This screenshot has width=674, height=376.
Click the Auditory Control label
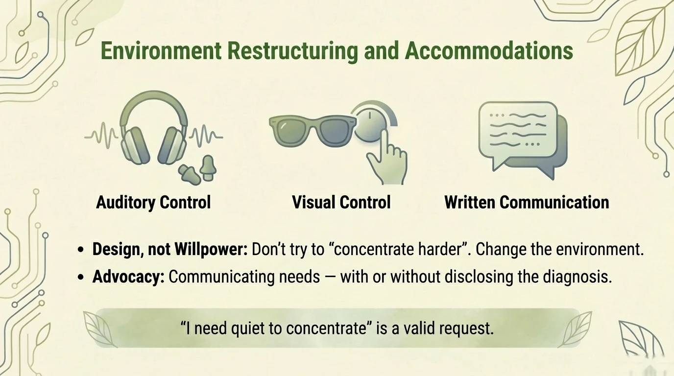coord(153,202)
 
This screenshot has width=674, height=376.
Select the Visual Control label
coord(341,202)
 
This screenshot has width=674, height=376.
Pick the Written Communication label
coord(527,202)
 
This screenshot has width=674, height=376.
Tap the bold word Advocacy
coord(128,277)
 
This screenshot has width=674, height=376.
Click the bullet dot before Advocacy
coord(82,278)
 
